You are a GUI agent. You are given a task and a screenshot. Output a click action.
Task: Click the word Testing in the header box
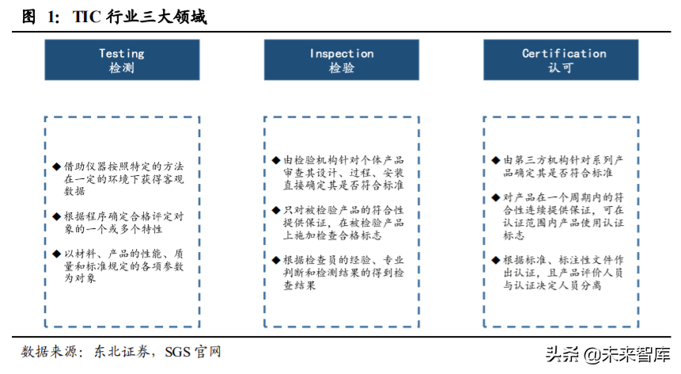click(x=121, y=53)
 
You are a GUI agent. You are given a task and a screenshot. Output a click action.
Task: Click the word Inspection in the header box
click(x=341, y=53)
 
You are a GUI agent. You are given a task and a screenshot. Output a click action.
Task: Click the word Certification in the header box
click(x=563, y=53)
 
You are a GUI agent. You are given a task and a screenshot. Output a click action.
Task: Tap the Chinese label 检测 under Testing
click(x=121, y=68)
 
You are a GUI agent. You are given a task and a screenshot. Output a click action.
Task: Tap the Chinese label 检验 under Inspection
click(x=341, y=68)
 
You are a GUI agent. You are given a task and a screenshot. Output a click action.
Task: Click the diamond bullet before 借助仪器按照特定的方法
click(x=57, y=166)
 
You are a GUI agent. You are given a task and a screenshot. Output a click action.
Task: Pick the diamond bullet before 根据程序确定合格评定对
click(x=57, y=216)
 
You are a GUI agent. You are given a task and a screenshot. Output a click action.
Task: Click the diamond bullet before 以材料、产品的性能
click(x=57, y=254)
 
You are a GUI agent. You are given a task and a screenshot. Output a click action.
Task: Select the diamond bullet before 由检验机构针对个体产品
click(x=275, y=160)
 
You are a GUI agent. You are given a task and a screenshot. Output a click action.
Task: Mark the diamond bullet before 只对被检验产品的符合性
click(x=275, y=210)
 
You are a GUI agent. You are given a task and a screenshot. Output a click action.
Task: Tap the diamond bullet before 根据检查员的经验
click(x=275, y=260)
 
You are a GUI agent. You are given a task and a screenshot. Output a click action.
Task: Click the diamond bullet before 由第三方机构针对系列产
click(x=496, y=160)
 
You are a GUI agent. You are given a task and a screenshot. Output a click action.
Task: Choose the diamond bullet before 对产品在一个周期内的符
click(x=496, y=198)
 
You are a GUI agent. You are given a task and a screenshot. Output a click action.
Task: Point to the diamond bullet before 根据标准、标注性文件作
click(x=496, y=260)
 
